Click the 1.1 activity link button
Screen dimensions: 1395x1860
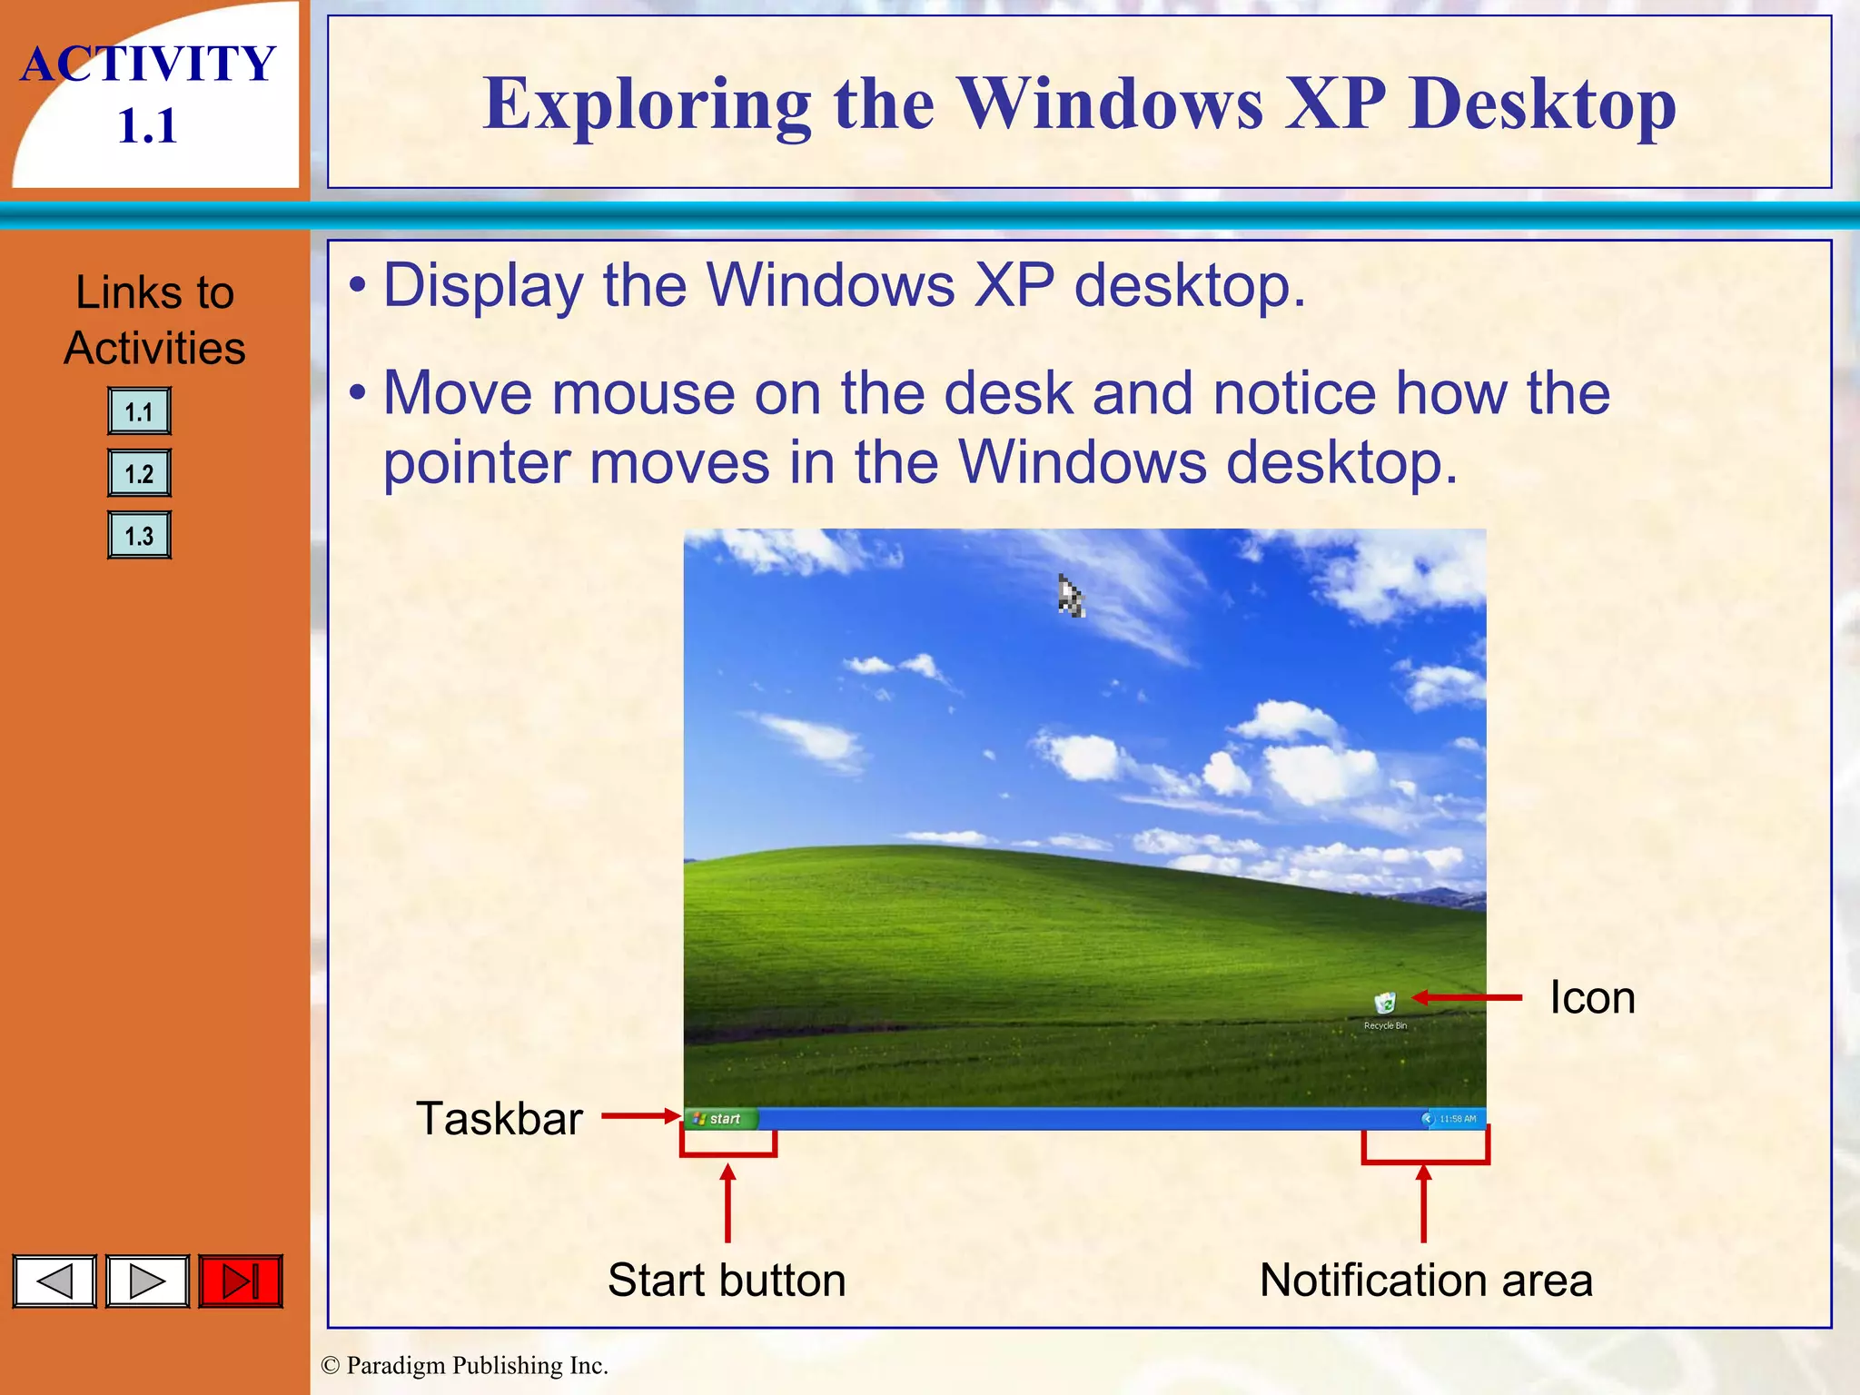point(139,411)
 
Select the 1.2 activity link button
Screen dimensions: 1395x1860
point(139,473)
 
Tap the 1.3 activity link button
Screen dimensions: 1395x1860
point(139,535)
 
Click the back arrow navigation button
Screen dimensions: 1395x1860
point(54,1281)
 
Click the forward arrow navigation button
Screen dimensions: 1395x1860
point(147,1281)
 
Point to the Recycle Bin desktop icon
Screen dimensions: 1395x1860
point(1385,1005)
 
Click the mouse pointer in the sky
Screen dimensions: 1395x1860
point(1070,597)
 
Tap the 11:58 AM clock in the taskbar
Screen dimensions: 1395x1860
point(1458,1119)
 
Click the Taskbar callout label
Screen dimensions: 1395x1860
point(499,1118)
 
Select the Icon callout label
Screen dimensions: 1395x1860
point(1592,997)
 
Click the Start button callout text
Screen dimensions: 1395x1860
point(727,1280)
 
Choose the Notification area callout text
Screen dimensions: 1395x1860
point(1426,1280)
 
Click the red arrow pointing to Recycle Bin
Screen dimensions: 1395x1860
point(1467,997)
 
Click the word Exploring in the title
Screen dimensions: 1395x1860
point(647,104)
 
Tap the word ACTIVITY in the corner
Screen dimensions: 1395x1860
point(148,64)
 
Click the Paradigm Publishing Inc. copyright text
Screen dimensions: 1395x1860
point(464,1365)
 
